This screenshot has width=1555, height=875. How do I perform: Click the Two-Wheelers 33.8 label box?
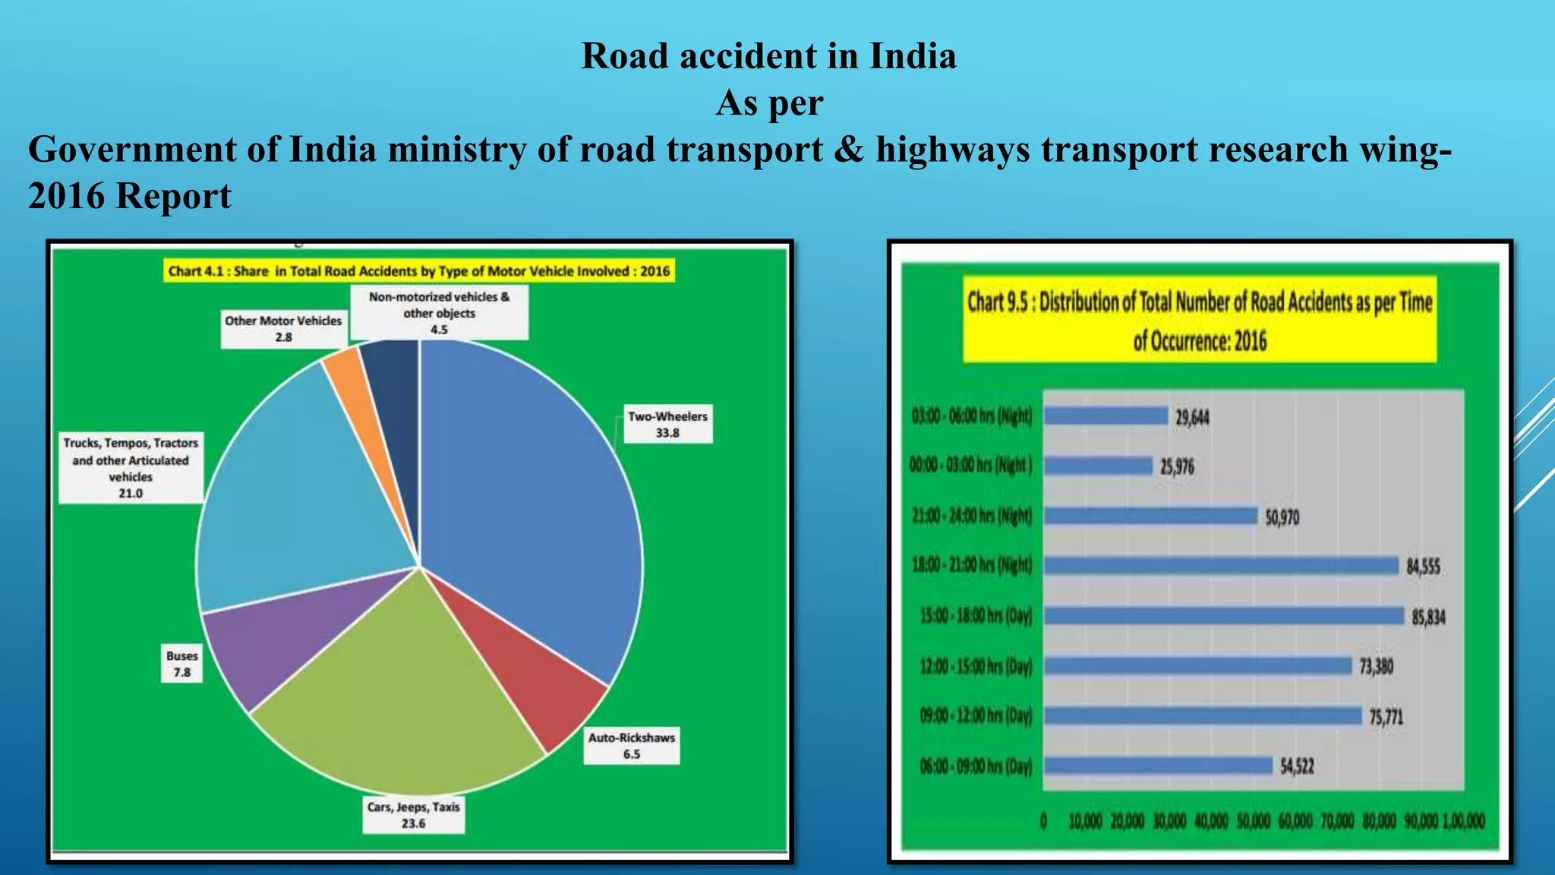(667, 425)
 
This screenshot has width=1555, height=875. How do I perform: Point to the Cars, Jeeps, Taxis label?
(413, 815)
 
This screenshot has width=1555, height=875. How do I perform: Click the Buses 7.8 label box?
(182, 664)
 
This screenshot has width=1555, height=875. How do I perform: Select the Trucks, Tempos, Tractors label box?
(131, 468)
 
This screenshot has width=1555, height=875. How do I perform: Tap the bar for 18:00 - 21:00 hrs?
(1221, 566)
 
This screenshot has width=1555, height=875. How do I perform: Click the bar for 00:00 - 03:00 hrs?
(1099, 466)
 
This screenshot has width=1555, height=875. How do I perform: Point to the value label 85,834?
(1428, 617)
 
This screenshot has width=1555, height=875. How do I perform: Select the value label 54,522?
(1297, 766)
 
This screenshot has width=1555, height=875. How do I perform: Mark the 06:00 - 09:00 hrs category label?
(976, 766)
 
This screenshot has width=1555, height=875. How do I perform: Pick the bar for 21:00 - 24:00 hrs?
(1151, 516)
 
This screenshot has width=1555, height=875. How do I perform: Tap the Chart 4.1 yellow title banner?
(419, 271)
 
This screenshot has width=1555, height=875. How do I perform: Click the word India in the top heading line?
(913, 56)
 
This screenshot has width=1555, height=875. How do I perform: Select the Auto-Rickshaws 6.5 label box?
(632, 746)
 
